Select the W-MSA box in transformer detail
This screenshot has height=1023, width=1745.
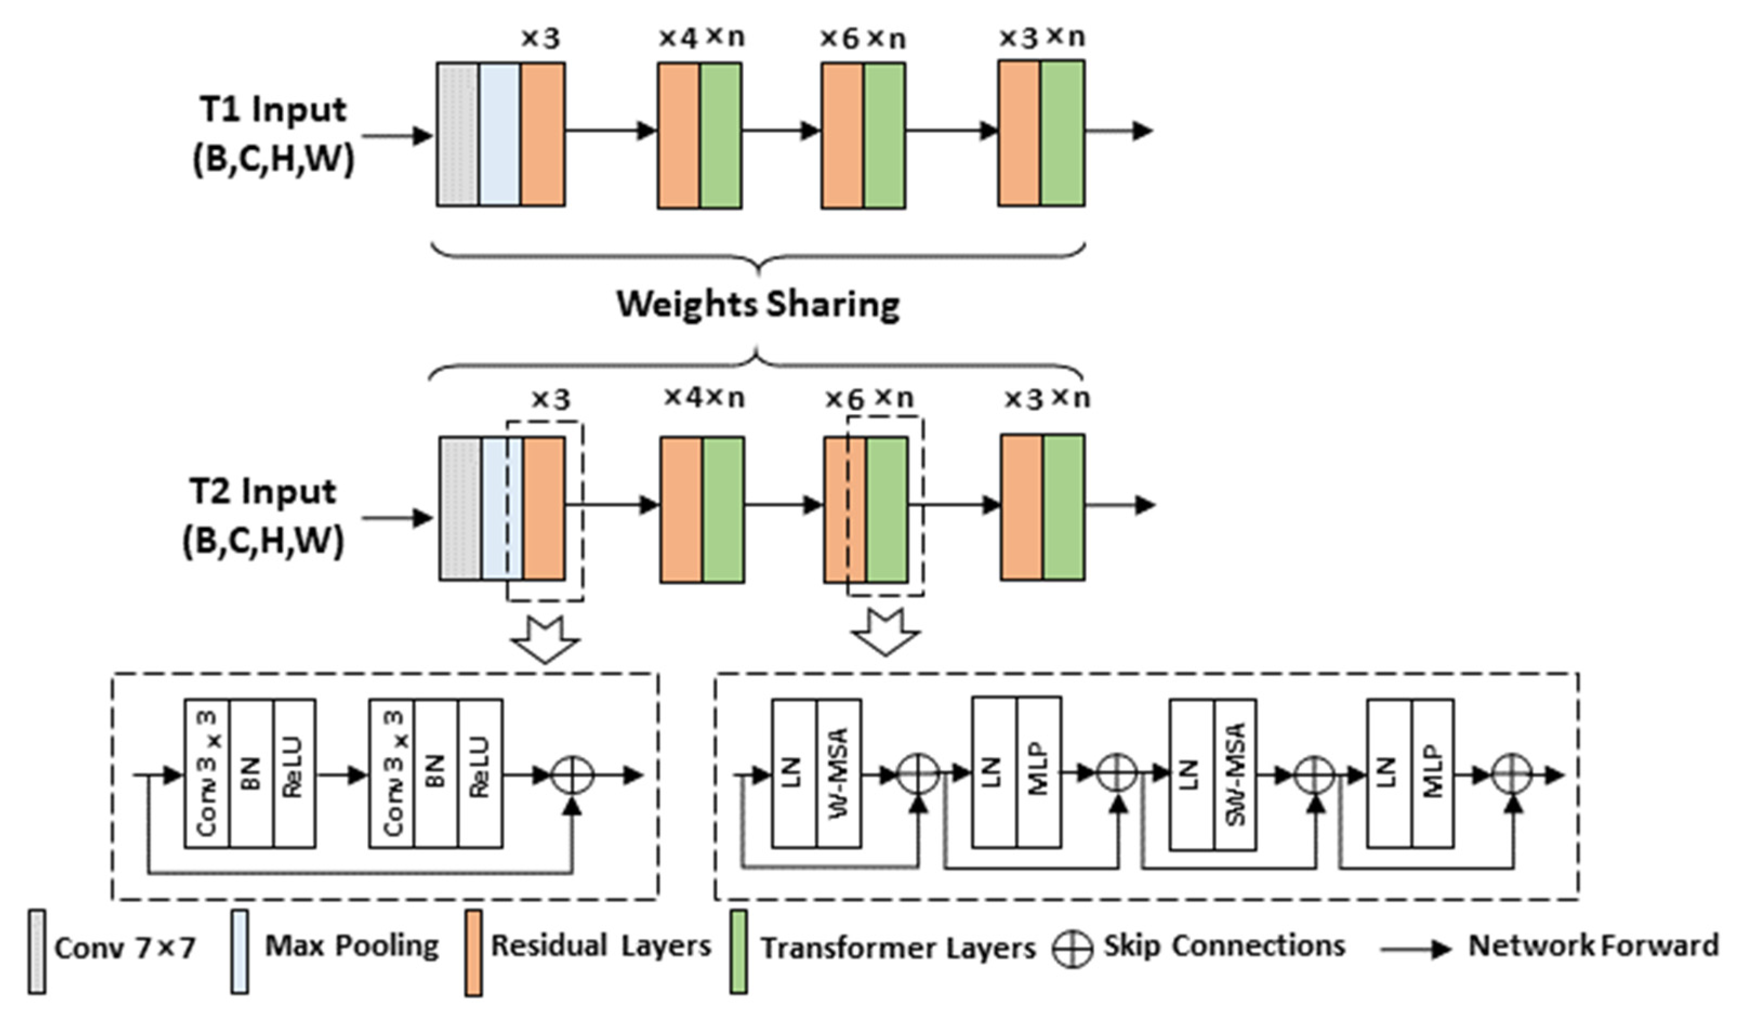(x=838, y=773)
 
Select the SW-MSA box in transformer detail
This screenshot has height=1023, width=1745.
(x=1235, y=773)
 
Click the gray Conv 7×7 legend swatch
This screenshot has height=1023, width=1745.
(x=37, y=952)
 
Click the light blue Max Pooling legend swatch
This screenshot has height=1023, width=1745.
(x=240, y=952)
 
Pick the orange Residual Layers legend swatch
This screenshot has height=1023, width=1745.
(x=473, y=952)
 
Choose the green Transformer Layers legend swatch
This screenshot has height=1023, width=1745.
(x=738, y=952)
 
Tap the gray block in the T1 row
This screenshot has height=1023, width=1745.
(x=457, y=134)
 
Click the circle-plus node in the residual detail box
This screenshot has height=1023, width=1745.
(x=572, y=775)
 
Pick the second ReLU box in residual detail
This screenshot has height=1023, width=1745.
(x=480, y=773)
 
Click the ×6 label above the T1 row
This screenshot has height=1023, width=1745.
(x=840, y=39)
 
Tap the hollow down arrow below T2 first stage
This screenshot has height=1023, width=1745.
(x=544, y=638)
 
